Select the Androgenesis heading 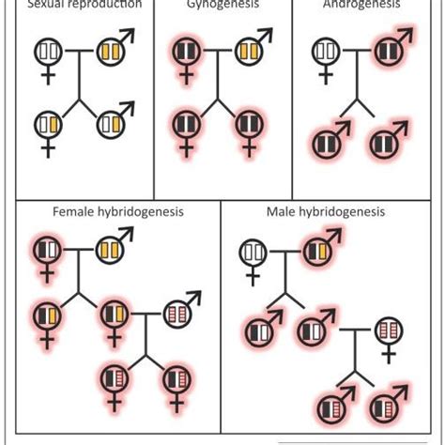tap(361, 5)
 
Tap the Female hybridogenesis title tap(118, 212)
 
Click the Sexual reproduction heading tap(84, 5)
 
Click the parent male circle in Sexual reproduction tap(111, 50)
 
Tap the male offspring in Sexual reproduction tap(111, 121)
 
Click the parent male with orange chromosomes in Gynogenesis tap(249, 50)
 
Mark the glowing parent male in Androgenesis tap(387, 50)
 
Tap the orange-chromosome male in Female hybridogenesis tap(111, 249)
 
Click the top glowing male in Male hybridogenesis tap(317, 251)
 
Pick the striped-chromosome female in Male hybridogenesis tap(389, 330)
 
